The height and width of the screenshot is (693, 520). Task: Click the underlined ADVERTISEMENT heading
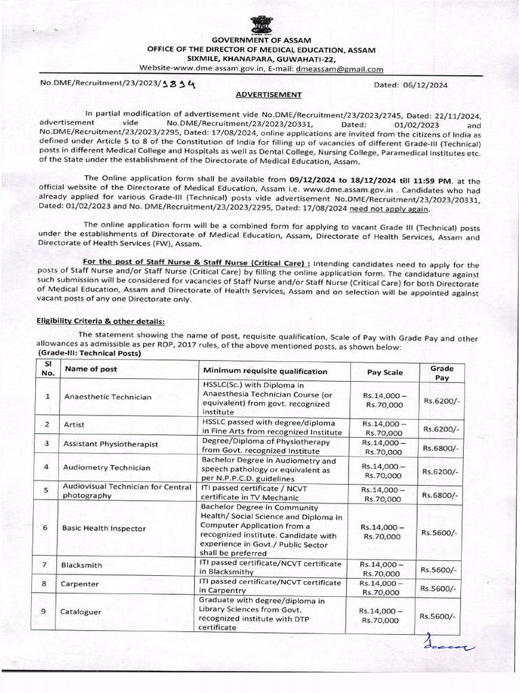269,95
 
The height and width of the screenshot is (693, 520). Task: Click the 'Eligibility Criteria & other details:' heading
100,321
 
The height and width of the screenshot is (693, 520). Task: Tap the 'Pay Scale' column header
384,372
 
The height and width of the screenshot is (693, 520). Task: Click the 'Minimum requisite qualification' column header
255,371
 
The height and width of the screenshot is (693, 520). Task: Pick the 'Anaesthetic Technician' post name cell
108,397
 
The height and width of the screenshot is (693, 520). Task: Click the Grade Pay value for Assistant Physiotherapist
441,448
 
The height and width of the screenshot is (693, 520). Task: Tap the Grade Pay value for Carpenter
441,589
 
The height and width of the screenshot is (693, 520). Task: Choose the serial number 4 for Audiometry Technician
46,467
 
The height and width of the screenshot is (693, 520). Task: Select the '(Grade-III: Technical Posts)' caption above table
89,353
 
